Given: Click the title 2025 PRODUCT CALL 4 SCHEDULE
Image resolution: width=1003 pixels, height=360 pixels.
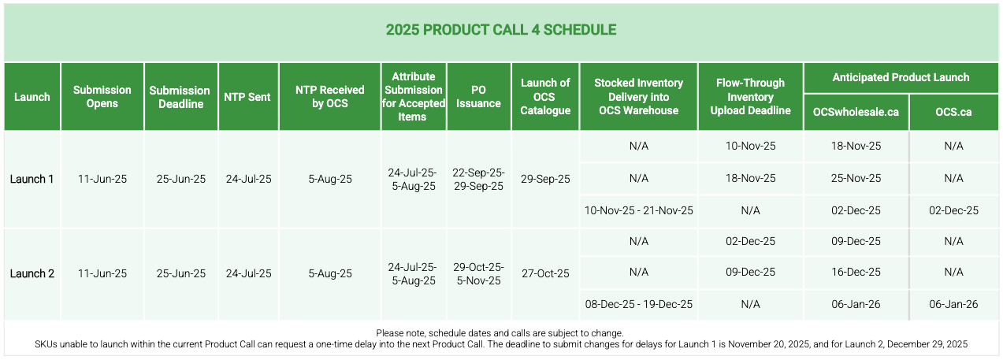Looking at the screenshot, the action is tap(501, 30).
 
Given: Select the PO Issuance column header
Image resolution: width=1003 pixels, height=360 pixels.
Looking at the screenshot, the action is tap(479, 97).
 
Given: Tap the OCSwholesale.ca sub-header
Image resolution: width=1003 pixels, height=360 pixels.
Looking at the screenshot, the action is tap(856, 112).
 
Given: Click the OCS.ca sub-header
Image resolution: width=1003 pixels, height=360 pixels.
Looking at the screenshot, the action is tap(953, 112).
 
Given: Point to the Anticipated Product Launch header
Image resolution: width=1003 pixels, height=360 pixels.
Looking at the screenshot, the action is tap(901, 77).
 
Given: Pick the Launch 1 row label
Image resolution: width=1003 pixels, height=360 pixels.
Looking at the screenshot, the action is tap(32, 179).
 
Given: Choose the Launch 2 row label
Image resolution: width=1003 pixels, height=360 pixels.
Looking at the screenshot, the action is tap(32, 273).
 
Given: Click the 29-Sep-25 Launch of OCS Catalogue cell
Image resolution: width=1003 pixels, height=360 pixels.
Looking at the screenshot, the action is tap(545, 179).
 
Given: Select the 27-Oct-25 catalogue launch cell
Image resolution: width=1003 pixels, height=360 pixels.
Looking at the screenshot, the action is tap(545, 273).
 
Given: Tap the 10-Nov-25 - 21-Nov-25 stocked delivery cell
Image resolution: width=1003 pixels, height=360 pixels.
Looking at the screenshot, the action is tap(638, 210).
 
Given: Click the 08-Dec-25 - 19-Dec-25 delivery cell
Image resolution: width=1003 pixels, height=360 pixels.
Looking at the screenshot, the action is tap(638, 305).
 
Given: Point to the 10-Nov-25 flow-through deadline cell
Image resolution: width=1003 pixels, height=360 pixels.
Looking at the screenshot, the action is tap(750, 146).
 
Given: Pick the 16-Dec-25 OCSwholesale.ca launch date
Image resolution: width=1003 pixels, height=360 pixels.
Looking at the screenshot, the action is tap(856, 273).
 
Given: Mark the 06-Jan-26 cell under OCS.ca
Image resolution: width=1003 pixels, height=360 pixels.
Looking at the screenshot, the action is tap(953, 305).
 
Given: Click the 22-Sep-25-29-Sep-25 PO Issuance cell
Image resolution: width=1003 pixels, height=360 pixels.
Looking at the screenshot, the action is tap(479, 179).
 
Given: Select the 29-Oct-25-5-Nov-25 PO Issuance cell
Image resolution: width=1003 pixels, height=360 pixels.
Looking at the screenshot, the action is tap(479, 273).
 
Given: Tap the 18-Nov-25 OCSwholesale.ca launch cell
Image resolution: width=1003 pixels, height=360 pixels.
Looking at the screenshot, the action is tap(856, 146).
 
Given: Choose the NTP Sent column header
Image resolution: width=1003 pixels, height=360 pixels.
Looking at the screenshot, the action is tap(247, 97).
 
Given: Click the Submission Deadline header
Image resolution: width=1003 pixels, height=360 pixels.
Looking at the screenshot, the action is tap(180, 97).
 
